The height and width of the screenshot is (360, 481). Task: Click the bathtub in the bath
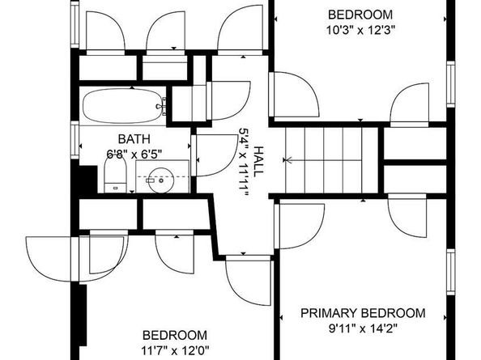pos(125,106)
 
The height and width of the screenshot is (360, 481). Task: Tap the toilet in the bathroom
pos(116,175)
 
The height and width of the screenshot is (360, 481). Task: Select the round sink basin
pos(161,180)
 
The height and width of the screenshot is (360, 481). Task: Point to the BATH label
pos(134,139)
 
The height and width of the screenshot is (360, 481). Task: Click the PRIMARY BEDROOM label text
pos(363,313)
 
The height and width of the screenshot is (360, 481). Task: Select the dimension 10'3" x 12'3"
pos(360,30)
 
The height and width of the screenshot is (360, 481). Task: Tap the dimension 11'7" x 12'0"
pos(175,350)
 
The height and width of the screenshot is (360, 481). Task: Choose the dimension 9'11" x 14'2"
pos(363,329)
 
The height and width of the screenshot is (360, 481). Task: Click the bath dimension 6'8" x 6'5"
pos(134,154)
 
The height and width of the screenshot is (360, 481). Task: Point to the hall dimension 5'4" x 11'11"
pos(244,162)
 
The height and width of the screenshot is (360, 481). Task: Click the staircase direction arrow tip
pos(283,160)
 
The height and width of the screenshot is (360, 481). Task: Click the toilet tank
pos(115,188)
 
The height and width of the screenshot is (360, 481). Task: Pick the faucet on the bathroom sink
pos(150,180)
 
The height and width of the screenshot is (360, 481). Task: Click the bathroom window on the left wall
pos(74,140)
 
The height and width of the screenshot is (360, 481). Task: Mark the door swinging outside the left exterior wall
pos(52,259)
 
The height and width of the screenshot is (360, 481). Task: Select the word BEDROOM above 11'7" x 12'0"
pos(175,335)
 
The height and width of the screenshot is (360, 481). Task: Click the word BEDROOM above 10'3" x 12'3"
pos(360,15)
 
